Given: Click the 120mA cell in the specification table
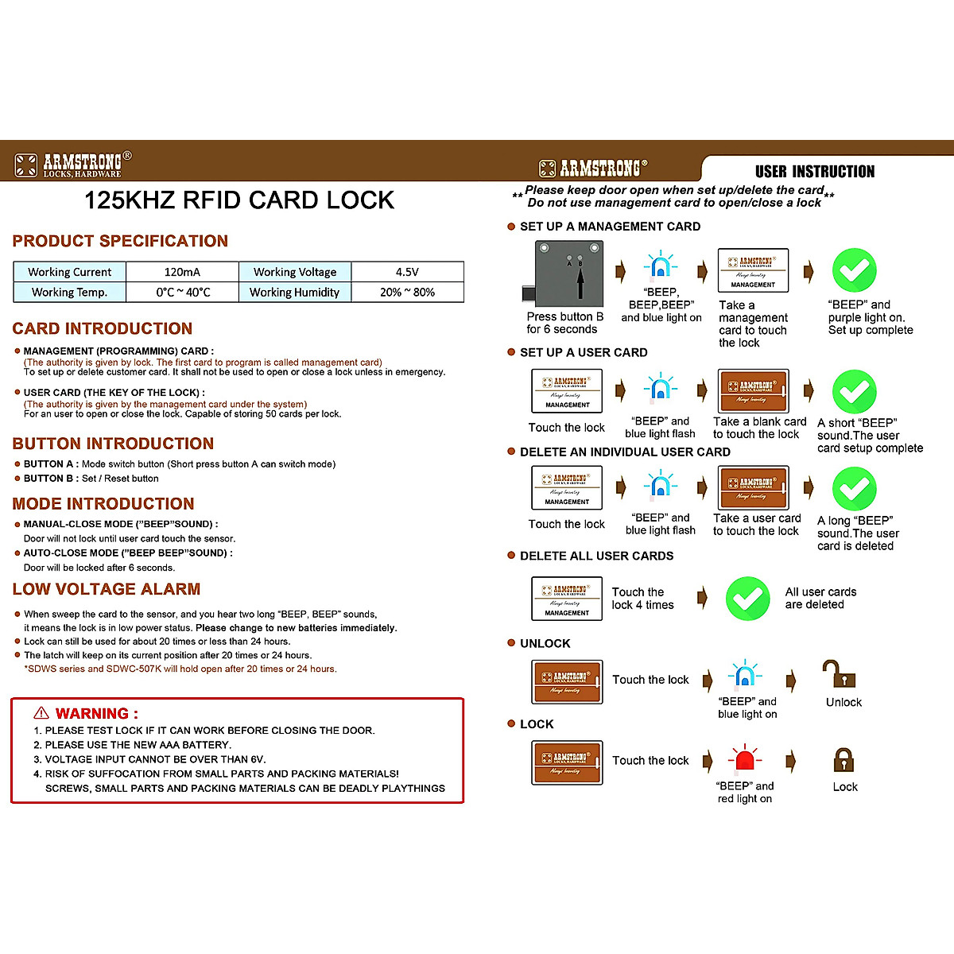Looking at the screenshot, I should (182, 272).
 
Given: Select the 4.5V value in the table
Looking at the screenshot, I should (407, 272).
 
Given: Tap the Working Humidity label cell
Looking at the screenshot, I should (294, 293).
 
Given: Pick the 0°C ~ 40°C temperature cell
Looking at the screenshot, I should (183, 293).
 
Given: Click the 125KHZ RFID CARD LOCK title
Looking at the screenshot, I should (239, 200).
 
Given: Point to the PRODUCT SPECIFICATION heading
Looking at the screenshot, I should (120, 241).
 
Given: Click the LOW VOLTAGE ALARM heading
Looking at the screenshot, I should (107, 589).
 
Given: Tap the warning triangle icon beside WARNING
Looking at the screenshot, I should (41, 713).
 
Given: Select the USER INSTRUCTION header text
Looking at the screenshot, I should (814, 172).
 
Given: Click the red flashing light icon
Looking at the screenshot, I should (744, 760).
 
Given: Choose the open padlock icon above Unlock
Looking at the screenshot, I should (840, 674).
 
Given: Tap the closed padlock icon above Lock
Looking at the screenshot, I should (844, 761).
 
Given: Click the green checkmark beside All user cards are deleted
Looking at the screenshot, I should (747, 598).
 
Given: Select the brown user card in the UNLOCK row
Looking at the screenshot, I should (567, 681).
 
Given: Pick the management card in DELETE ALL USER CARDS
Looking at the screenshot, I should (567, 598).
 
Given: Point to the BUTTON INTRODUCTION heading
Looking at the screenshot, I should (113, 444).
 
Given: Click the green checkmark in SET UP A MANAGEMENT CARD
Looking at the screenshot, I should (854, 270).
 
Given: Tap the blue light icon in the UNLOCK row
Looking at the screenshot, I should (745, 676).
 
